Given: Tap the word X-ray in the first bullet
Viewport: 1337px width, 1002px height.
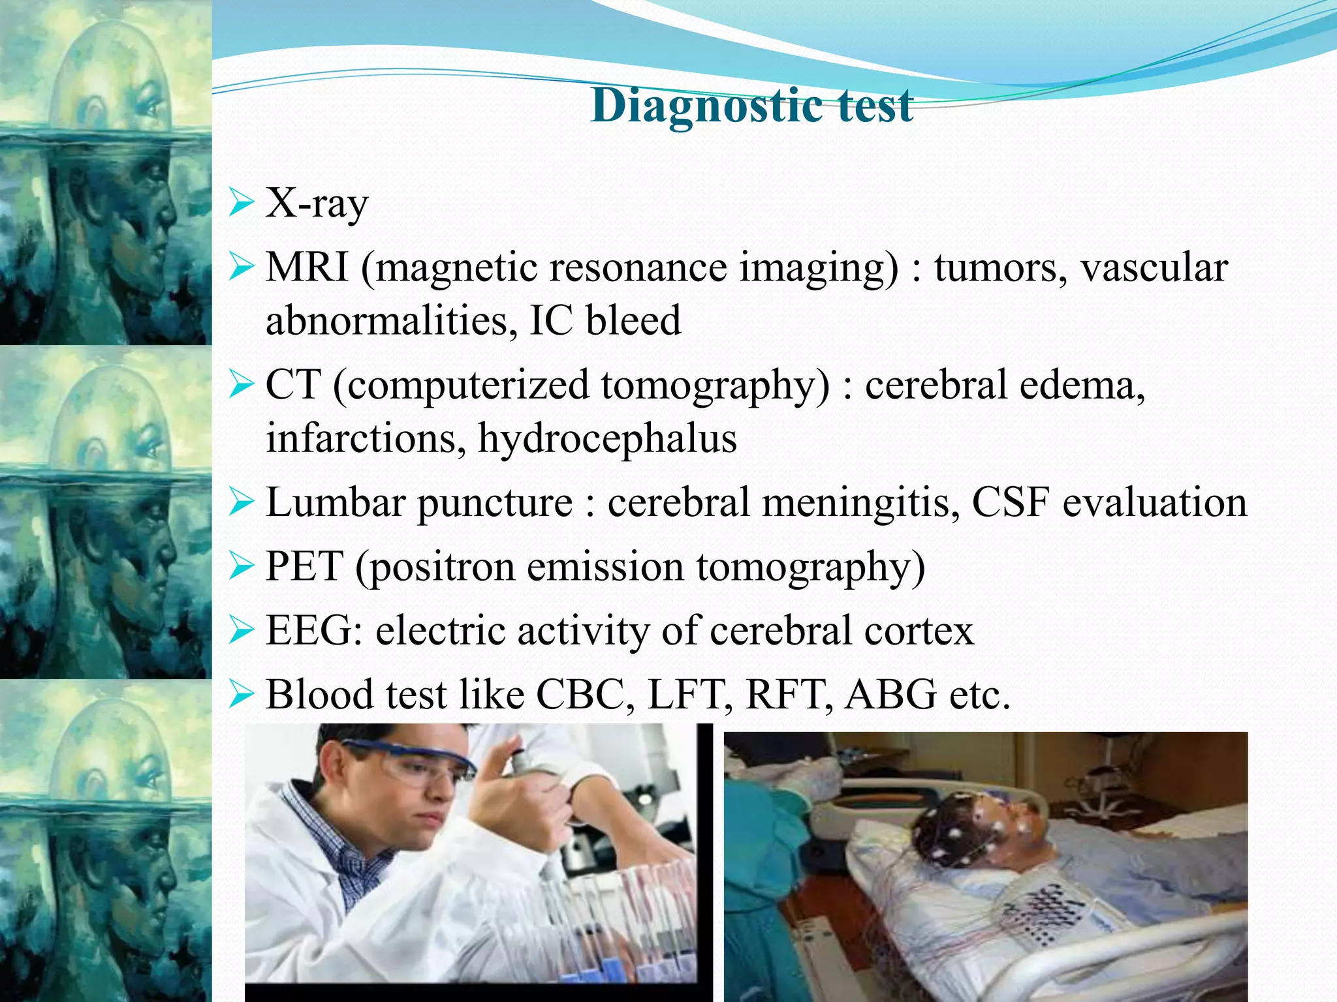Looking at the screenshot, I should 317,204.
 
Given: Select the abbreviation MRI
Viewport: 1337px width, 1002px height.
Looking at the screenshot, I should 307,267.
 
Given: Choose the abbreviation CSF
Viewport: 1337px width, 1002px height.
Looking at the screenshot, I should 1011,502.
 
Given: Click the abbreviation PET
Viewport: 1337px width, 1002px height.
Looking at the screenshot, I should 304,566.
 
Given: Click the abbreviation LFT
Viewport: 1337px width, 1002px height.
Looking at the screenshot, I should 689,694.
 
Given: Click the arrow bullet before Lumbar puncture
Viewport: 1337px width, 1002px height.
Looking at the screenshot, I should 241,503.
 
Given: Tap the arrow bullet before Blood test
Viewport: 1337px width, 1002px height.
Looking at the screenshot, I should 241,695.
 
